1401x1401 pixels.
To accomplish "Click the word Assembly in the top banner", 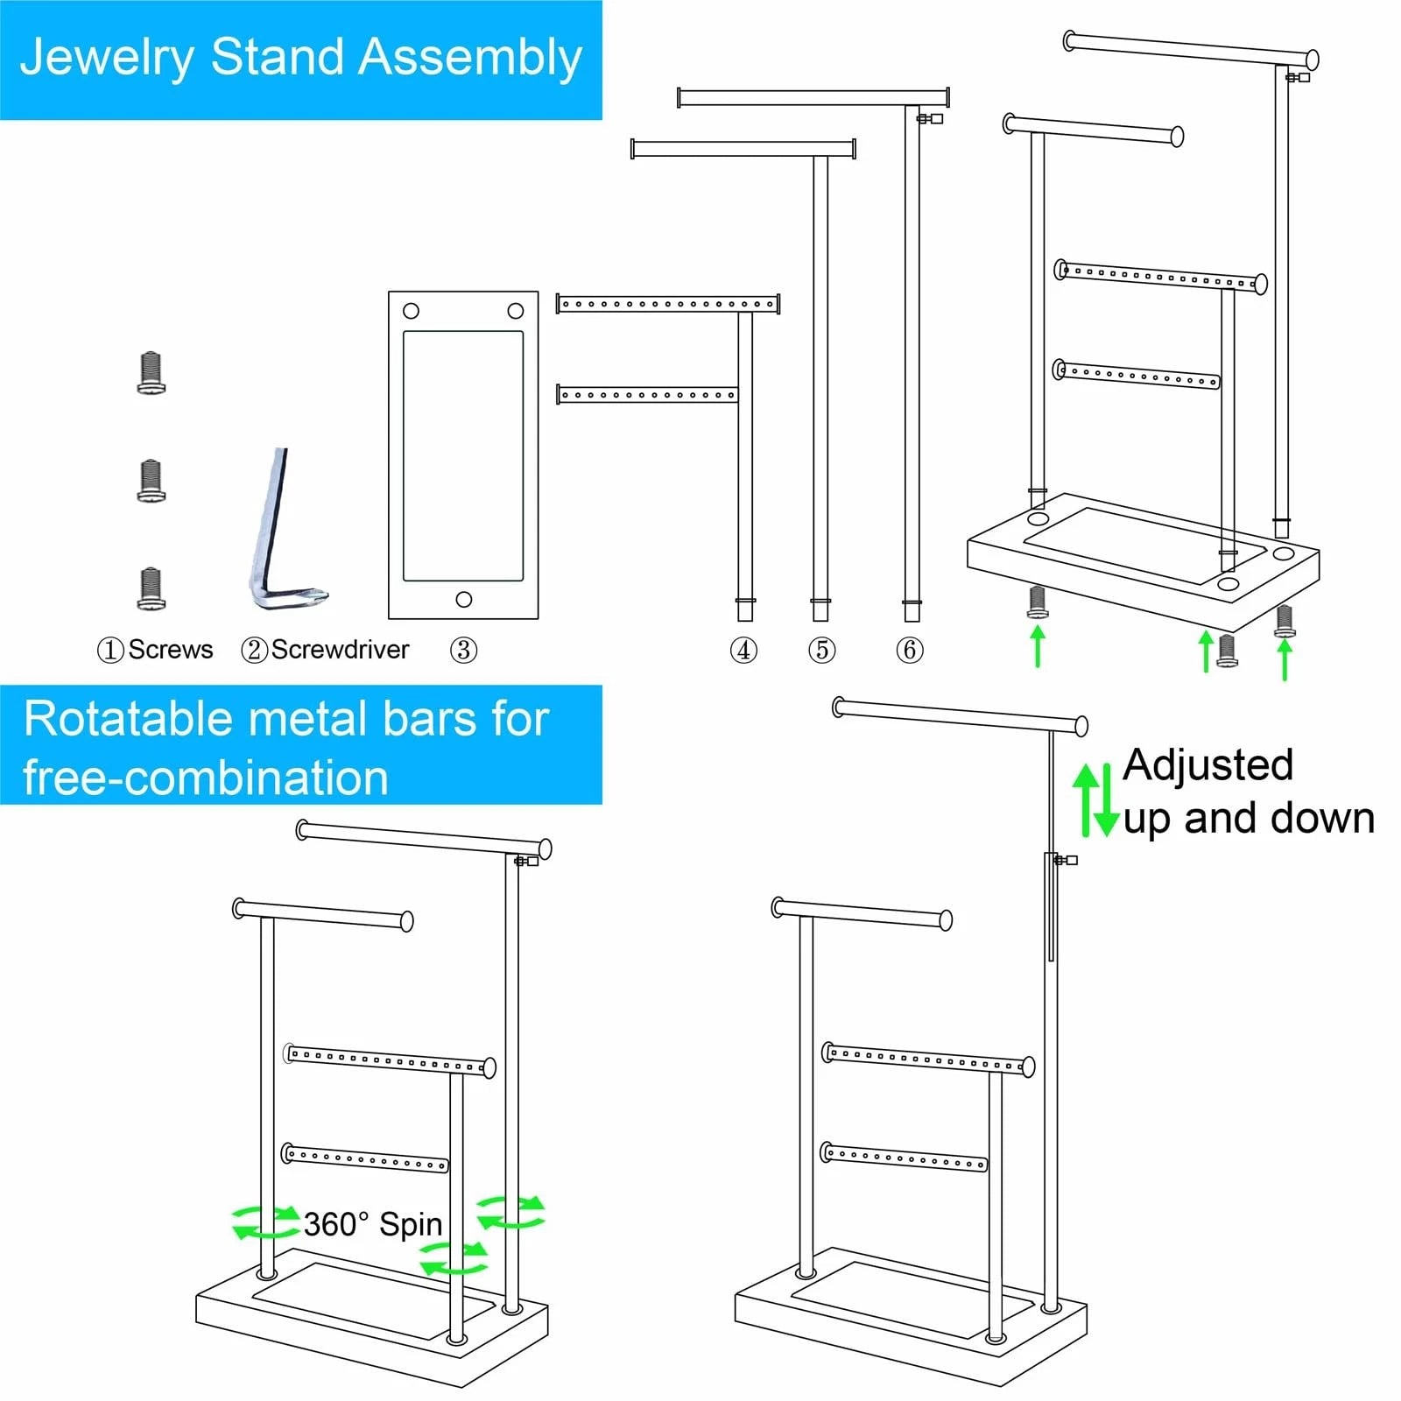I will point(470,58).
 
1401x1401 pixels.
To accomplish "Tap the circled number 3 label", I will point(463,650).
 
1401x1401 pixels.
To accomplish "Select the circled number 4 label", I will point(743,650).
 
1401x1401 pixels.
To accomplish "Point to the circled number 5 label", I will point(821,650).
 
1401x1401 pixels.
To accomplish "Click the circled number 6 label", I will point(910,650).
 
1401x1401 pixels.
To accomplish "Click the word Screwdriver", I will point(340,650).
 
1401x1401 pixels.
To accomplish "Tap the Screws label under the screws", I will point(170,650).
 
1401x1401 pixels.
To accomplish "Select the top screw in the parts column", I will point(151,374).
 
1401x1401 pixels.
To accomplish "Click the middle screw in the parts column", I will point(151,481).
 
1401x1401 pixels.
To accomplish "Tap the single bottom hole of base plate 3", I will point(464,600).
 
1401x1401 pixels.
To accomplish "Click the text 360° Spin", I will point(373,1224).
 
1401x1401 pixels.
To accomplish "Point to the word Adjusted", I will point(1207,764).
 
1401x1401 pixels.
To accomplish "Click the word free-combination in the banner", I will point(206,778).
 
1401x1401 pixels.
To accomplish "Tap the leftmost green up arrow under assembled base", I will point(1038,646).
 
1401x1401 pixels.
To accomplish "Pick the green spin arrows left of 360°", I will point(265,1221).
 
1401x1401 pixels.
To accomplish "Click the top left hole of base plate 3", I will point(411,311).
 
